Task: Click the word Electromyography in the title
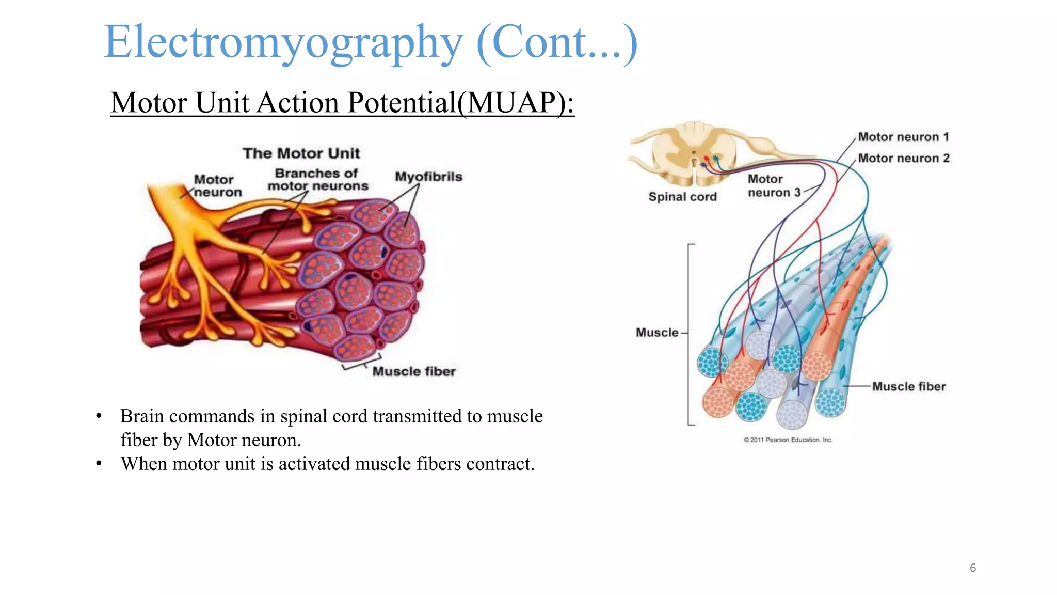click(283, 42)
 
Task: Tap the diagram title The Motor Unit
click(301, 153)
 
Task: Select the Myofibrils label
click(428, 177)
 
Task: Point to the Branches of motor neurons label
click(317, 180)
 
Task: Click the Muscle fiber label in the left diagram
click(414, 371)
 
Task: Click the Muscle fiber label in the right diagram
click(908, 386)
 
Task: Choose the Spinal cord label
click(682, 197)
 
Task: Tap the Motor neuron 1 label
click(903, 137)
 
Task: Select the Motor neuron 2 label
click(904, 158)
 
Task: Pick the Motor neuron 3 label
click(773, 186)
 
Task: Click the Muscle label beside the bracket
click(656, 333)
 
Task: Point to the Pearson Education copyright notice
click(788, 440)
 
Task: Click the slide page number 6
click(972, 568)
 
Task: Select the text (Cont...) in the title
click(557, 42)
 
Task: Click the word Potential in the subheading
click(402, 102)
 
